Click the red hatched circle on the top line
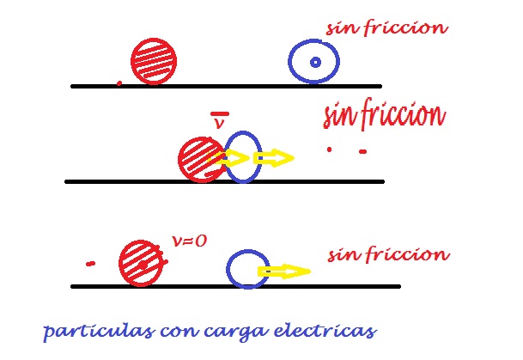(155, 60)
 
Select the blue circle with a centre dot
(313, 62)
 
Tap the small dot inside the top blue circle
(315, 62)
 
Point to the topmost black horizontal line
(225, 86)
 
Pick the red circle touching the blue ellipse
(200, 159)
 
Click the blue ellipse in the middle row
(244, 156)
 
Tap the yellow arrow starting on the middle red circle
(229, 158)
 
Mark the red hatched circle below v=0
(139, 262)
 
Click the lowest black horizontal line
(235, 285)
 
